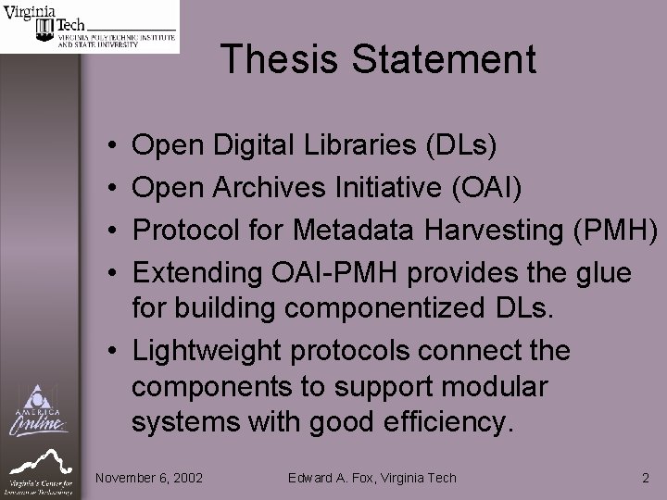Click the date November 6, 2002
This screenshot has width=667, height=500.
tap(149, 478)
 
